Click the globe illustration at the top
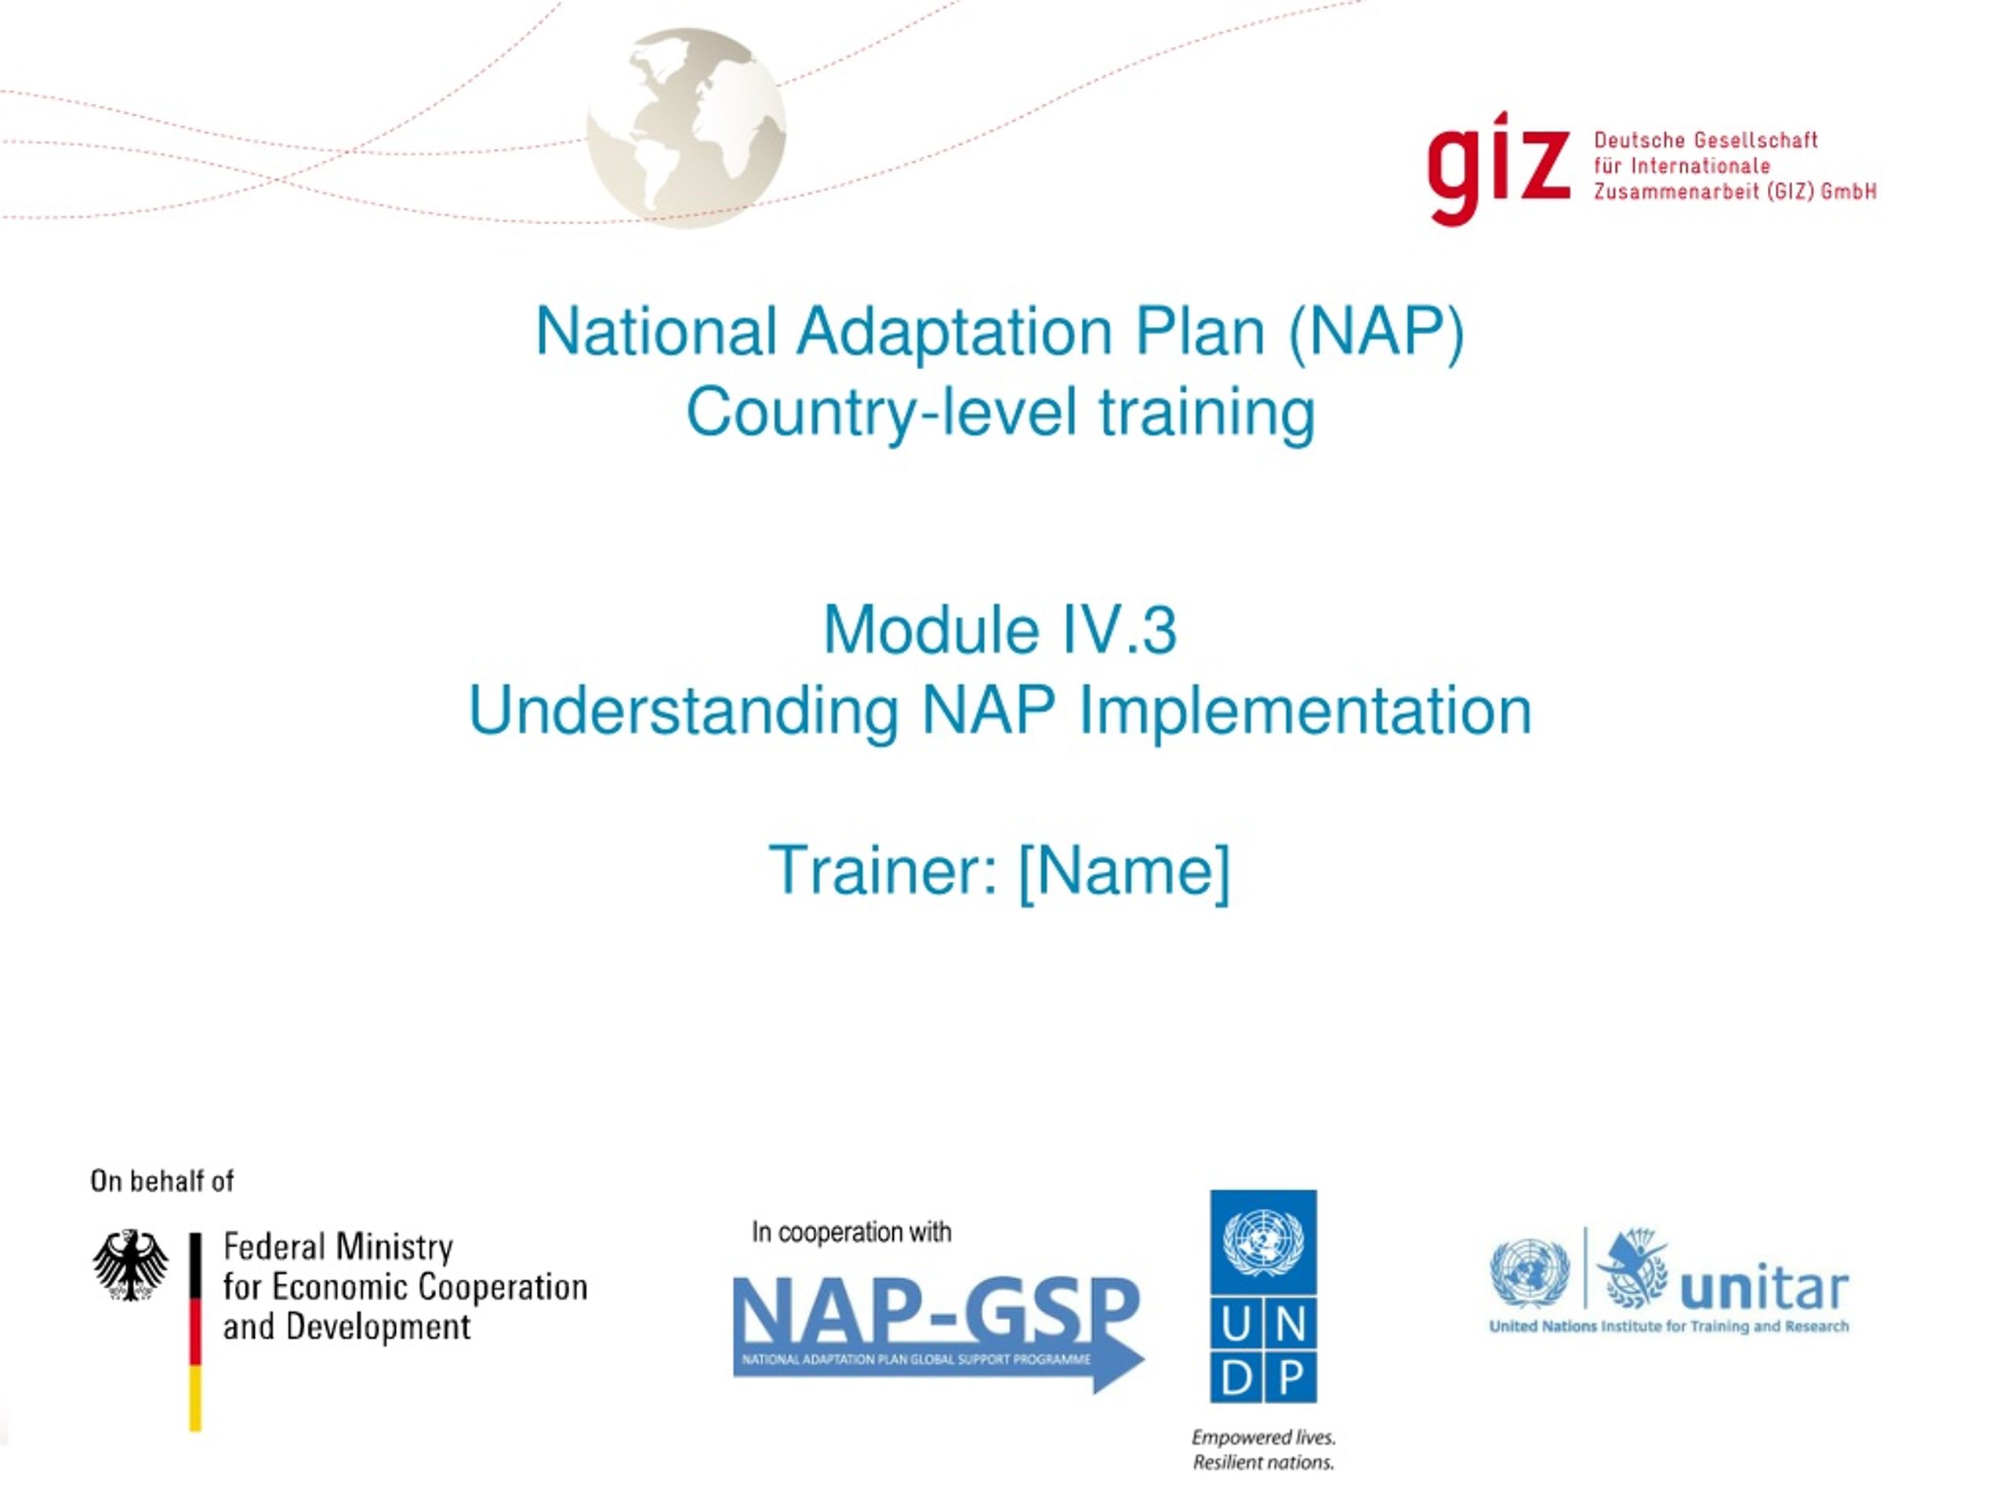(x=686, y=128)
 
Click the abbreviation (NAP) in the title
(x=1376, y=332)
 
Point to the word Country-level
(x=882, y=413)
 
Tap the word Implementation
(x=1305, y=711)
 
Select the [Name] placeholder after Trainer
(x=1125, y=872)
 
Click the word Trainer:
(x=884, y=870)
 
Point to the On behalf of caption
(x=162, y=1180)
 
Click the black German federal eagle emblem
(x=131, y=1264)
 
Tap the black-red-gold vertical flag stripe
(x=195, y=1332)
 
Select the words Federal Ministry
(x=338, y=1247)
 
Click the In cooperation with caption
(x=851, y=1232)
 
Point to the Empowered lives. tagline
(x=1263, y=1437)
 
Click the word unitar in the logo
(x=1764, y=1287)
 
